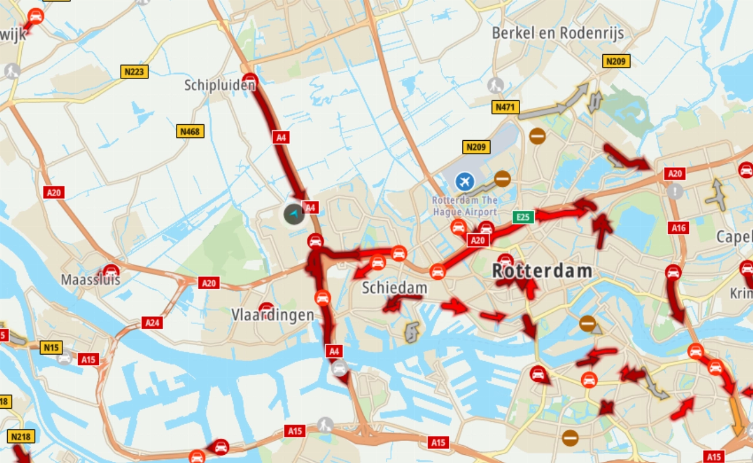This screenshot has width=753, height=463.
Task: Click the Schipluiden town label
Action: tap(220, 85)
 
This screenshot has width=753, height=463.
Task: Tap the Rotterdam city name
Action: tap(542, 271)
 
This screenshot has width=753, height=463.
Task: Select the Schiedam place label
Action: tap(394, 288)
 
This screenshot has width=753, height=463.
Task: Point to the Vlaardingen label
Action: tap(272, 315)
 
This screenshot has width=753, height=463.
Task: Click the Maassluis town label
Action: tap(91, 279)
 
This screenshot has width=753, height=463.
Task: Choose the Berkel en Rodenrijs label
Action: tap(558, 33)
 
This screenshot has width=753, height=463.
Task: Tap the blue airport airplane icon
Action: tap(465, 181)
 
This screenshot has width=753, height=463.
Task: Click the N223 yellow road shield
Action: tap(135, 72)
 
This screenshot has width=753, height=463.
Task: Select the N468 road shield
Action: tap(190, 131)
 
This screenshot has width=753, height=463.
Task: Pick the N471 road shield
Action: tap(505, 107)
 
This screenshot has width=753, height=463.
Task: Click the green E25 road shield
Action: tap(523, 217)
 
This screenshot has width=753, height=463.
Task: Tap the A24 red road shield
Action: tap(152, 323)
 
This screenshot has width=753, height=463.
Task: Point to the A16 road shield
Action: tap(679, 228)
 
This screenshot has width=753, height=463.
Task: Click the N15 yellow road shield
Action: tap(51, 348)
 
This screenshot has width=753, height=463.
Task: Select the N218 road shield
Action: tap(21, 436)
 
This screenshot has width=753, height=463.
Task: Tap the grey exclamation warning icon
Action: tap(675, 191)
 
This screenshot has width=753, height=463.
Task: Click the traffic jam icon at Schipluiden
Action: tap(251, 80)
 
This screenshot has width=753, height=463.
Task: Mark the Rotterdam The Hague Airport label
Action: tap(465, 206)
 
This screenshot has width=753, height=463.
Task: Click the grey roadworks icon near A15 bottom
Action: tap(325, 424)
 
